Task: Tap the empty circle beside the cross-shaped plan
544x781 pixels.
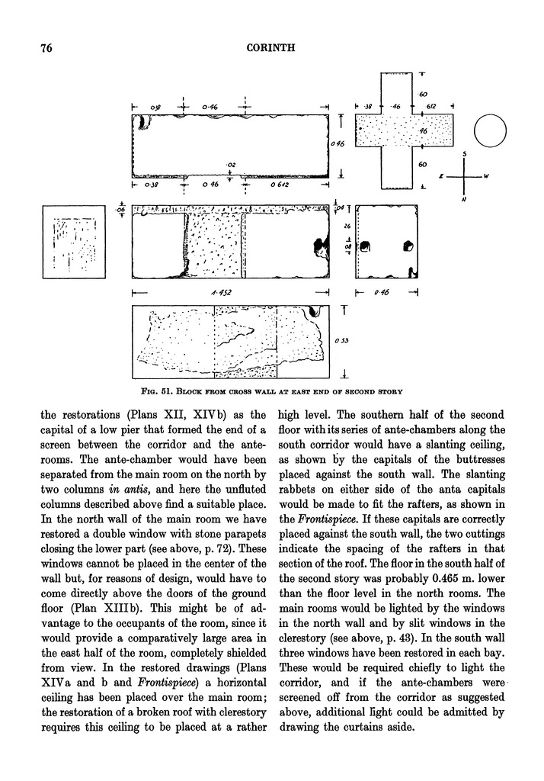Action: point(491,132)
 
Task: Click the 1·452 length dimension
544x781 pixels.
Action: point(226,292)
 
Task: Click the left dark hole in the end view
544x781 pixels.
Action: point(365,247)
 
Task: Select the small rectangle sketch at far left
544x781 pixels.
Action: point(74,243)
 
